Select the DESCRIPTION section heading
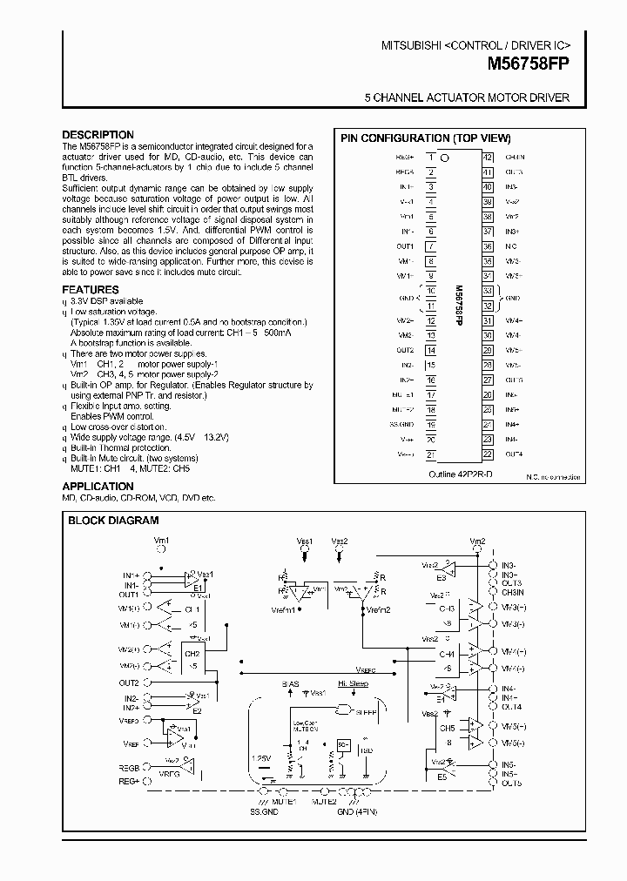pyautogui.click(x=98, y=135)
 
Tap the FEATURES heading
pyautogui.click(x=91, y=290)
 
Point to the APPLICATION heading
pyautogui.click(x=98, y=487)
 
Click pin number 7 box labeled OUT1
pyautogui.click(x=430, y=246)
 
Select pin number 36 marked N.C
pyautogui.click(x=488, y=246)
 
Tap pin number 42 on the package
pyautogui.click(x=488, y=158)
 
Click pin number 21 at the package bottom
pyautogui.click(x=430, y=454)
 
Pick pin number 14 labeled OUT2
pyautogui.click(x=430, y=351)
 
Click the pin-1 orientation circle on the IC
pyautogui.click(x=446, y=158)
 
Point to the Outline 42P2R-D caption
pyautogui.click(x=460, y=474)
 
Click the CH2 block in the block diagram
pyautogui.click(x=192, y=653)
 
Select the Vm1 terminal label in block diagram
pyautogui.click(x=162, y=541)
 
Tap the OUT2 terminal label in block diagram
pyautogui.click(x=130, y=683)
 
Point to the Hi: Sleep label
pyautogui.click(x=352, y=684)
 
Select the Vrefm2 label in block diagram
pyautogui.click(x=375, y=609)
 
